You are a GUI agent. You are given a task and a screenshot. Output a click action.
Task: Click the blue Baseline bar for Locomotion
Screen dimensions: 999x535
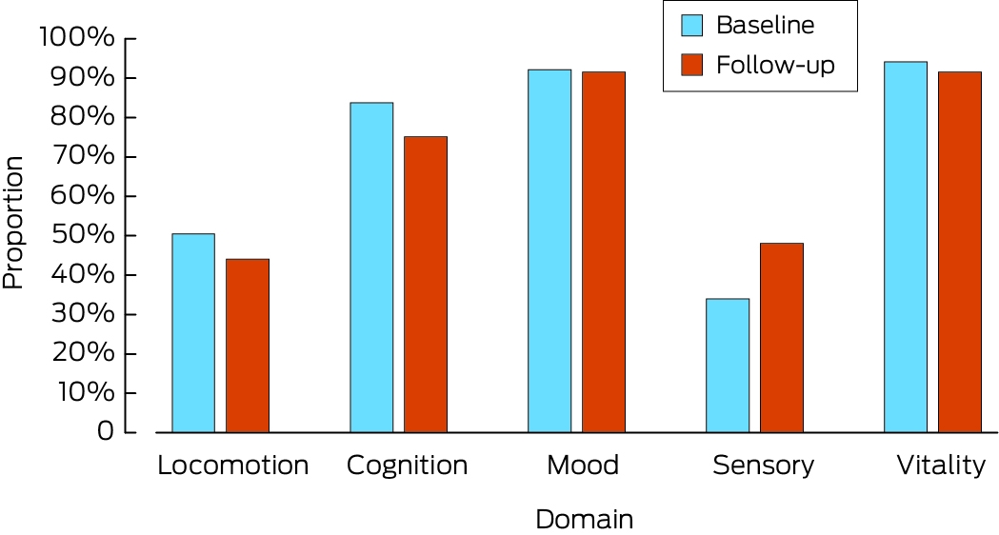193,333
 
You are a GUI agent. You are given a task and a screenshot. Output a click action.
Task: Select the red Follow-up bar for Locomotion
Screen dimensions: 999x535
248,346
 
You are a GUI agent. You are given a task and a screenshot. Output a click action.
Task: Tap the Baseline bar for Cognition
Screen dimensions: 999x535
371,267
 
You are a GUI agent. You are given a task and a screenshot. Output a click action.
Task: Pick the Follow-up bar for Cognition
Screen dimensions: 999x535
426,285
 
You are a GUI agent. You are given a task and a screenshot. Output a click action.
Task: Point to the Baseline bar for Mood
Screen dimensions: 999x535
549,251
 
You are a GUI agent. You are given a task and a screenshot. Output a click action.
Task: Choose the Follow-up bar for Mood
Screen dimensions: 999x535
604,252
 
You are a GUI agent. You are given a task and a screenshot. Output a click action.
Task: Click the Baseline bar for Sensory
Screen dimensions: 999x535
728,366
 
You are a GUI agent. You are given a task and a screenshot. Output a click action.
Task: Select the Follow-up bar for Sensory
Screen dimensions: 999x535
782,338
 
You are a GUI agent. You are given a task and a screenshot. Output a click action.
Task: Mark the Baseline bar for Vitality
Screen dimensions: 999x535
906,248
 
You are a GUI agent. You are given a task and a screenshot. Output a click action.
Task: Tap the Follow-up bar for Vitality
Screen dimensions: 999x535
960,252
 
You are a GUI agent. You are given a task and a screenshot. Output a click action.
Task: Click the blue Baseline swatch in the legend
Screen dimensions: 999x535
692,26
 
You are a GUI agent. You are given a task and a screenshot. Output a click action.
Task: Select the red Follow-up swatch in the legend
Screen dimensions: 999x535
692,65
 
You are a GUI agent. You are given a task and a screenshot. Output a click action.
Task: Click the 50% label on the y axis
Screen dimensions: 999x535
83,235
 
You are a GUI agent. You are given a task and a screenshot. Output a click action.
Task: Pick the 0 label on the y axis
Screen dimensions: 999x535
106,432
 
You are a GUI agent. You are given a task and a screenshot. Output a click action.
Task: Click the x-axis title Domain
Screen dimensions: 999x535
584,519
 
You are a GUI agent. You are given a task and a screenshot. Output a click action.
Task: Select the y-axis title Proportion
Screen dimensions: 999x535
12,223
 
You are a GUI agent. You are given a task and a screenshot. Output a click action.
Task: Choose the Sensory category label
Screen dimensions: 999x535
763,466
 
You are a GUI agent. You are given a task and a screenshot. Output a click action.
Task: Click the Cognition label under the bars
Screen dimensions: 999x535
407,466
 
